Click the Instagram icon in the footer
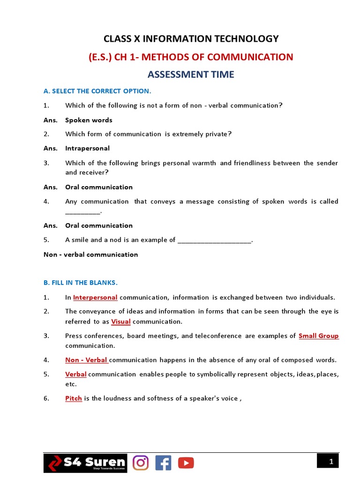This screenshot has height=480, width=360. (x=141, y=463)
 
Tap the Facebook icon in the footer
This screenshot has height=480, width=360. (x=163, y=463)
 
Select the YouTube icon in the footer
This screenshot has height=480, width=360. (x=186, y=463)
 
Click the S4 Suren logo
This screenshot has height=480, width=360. (x=85, y=463)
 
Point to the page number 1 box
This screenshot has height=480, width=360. (x=331, y=462)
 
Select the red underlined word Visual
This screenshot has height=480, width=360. (x=120, y=322)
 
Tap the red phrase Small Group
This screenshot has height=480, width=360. (x=318, y=336)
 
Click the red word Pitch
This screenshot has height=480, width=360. (x=74, y=398)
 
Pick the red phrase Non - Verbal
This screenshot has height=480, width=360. (x=86, y=360)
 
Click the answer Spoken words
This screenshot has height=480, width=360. (x=89, y=120)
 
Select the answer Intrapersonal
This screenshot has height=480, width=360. (x=87, y=148)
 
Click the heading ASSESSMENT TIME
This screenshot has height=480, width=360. (x=191, y=75)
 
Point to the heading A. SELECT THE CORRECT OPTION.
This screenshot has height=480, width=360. (x=97, y=91)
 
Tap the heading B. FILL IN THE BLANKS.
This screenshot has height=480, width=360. (x=81, y=283)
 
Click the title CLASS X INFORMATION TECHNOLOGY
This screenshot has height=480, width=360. (x=191, y=38)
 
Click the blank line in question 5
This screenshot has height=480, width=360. (x=215, y=241)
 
